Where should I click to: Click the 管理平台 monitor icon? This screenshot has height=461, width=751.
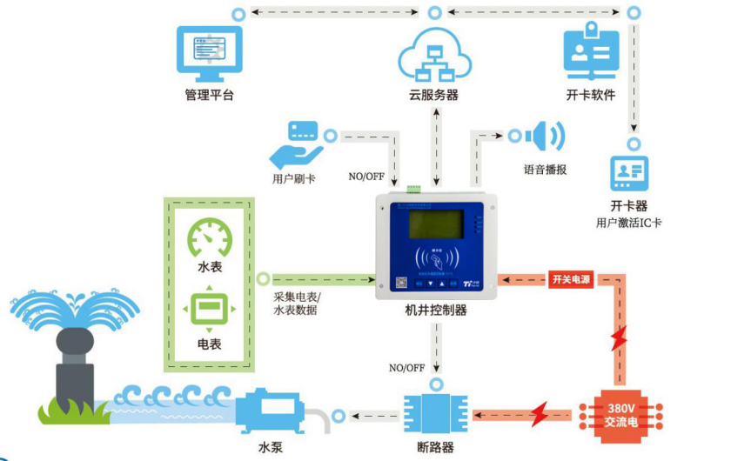[209, 51]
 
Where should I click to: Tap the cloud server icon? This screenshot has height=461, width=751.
[434, 55]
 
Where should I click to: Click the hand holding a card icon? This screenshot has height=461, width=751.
[293, 145]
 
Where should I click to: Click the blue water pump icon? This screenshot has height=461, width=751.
[270, 411]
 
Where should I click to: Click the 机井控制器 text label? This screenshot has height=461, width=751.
[436, 311]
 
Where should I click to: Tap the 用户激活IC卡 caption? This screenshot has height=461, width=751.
[629, 223]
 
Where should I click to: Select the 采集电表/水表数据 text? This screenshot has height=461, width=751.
[296, 304]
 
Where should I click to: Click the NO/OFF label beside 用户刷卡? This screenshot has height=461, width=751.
[366, 176]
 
